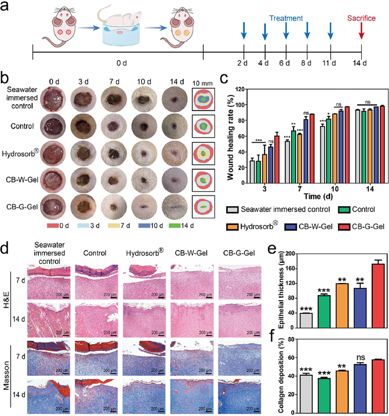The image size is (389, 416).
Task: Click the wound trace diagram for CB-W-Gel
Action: tap(204, 179)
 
